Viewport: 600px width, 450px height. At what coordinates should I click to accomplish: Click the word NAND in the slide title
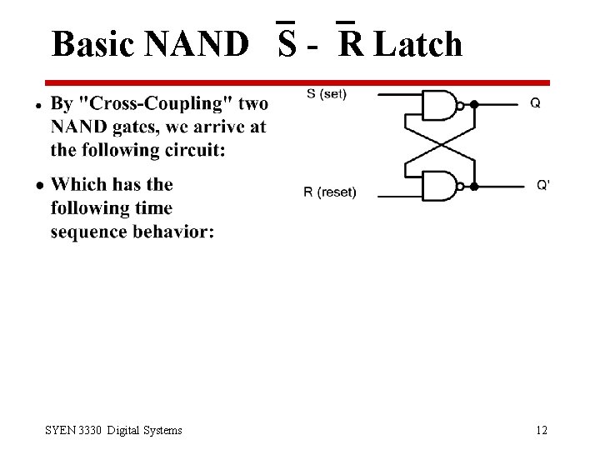pos(196,44)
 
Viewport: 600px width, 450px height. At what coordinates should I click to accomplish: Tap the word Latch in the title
pos(418,44)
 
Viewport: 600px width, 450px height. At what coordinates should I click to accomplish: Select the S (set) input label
pos(327,94)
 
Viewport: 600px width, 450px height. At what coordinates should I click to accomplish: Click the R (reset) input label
pos(329,192)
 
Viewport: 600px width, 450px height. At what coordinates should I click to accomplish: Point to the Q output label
pos(535,103)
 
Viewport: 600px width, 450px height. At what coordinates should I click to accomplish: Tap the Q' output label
pos(542,184)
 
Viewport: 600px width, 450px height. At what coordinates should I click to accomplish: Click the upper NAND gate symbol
pos(442,105)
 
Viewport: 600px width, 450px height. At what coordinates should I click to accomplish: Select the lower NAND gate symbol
pos(442,185)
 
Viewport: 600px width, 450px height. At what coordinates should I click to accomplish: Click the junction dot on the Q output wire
pos(474,105)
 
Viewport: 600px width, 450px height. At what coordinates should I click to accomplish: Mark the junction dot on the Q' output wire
pos(474,185)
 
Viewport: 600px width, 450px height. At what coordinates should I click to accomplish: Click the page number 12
pos(542,430)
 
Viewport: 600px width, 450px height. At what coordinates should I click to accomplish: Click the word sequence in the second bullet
pos(89,231)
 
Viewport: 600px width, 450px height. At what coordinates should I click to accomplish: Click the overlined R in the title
pos(352,44)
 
